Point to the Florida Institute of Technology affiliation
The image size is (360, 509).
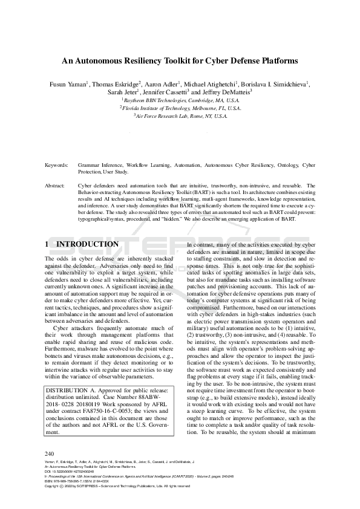point(180,108)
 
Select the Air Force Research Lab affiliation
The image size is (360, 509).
point(180,115)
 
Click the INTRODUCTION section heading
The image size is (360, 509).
point(87,244)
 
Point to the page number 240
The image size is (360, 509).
point(51,453)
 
